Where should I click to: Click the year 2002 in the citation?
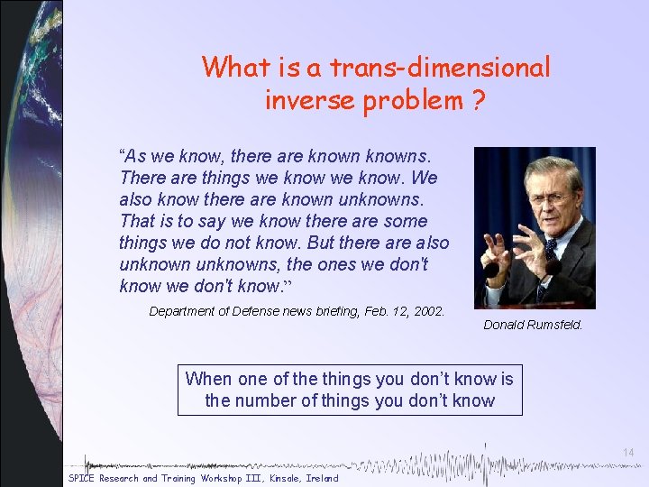[x=426, y=311]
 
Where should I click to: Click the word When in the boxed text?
[x=208, y=380]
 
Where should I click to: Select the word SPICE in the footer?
[x=82, y=478]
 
